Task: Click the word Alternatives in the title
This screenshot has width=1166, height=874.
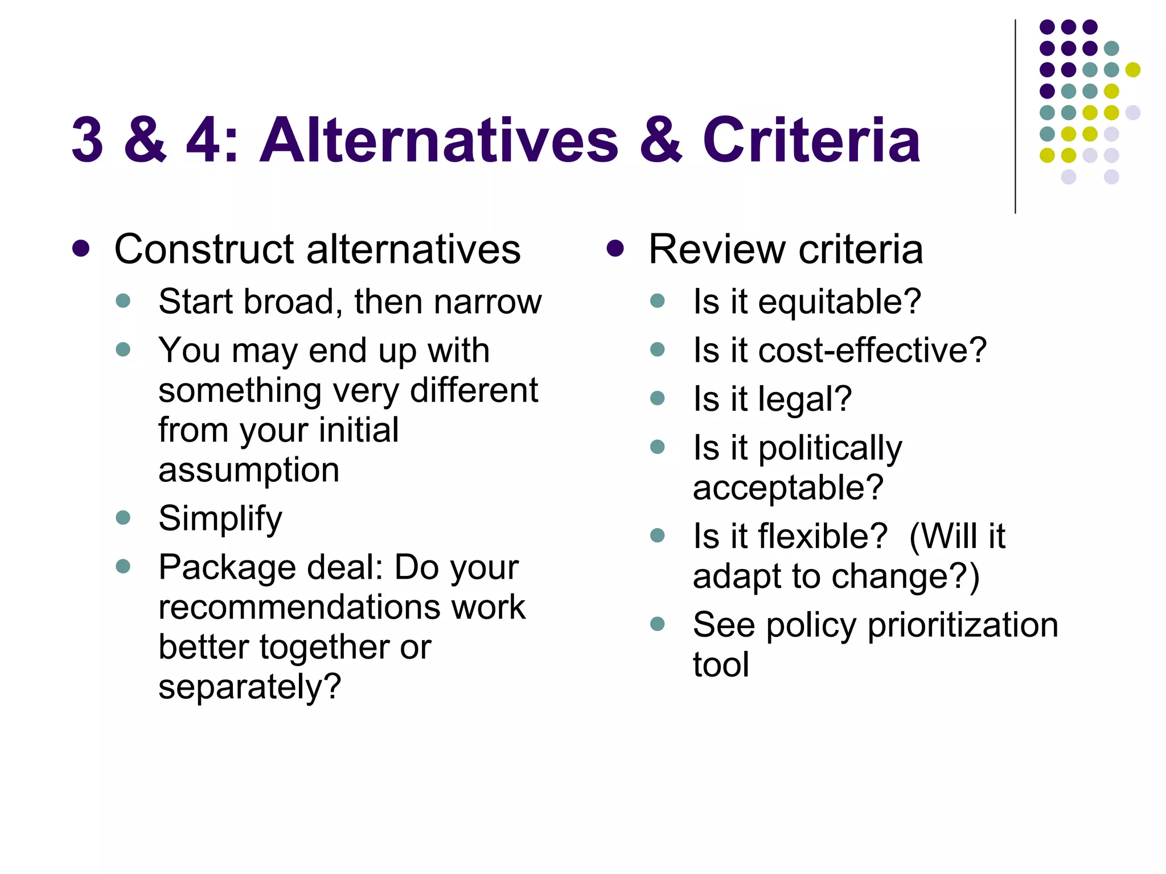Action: click(438, 140)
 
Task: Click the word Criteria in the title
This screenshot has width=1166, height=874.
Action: click(811, 140)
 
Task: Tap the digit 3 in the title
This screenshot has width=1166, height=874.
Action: click(87, 140)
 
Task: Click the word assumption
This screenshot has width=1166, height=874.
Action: click(249, 470)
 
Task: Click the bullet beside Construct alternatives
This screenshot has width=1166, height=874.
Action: click(81, 249)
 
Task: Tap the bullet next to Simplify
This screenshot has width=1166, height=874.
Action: click(123, 517)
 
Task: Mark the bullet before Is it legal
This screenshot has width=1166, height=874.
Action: click(658, 398)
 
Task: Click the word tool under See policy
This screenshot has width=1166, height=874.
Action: click(721, 665)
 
